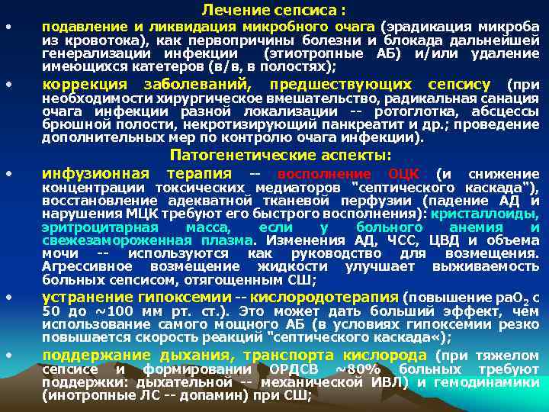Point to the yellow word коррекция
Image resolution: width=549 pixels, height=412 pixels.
[85, 84]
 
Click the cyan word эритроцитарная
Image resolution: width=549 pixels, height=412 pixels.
[100, 227]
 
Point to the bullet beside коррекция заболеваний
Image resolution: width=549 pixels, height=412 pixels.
[8, 83]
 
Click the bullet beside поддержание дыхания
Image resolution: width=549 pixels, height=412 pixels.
[8, 355]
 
